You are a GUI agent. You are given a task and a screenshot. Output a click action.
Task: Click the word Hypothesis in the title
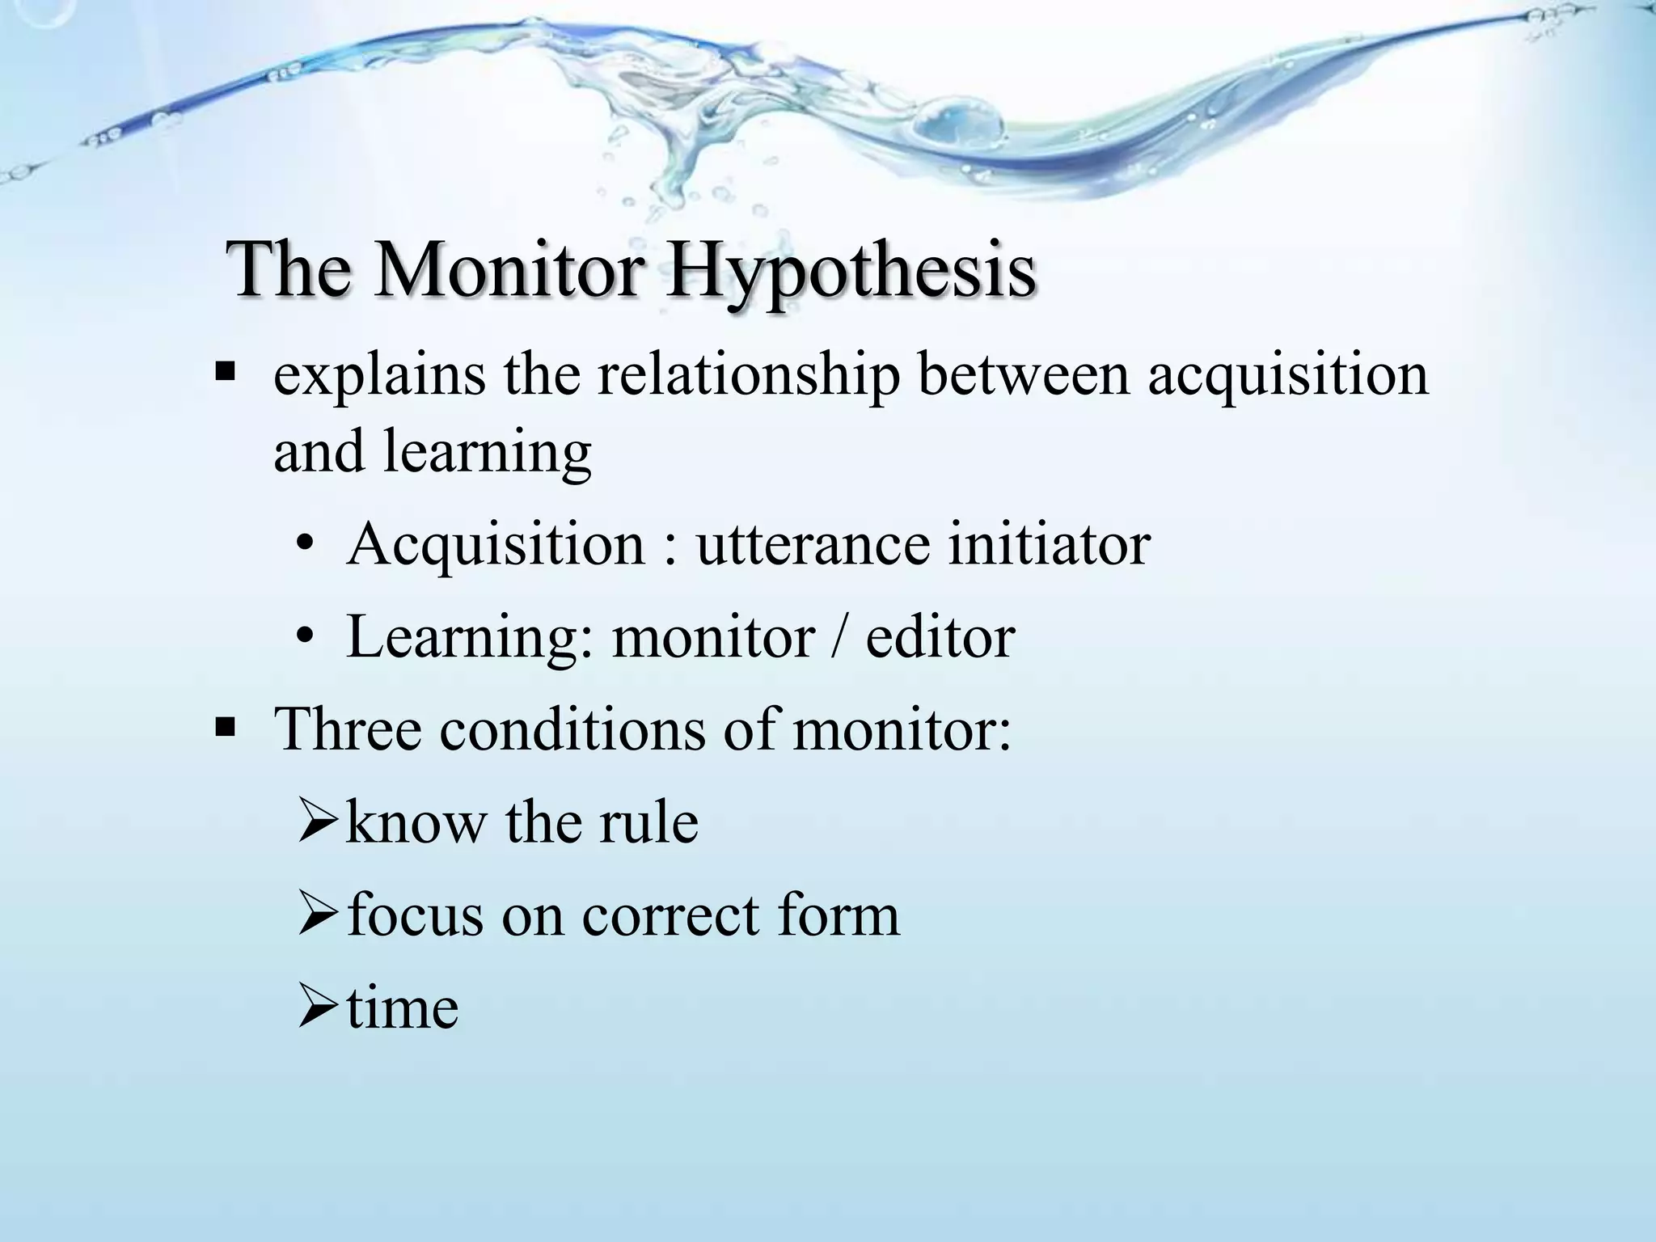click(x=851, y=272)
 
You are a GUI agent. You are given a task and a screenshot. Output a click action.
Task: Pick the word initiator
click(x=1049, y=545)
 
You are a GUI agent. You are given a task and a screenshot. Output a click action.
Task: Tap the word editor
click(x=940, y=638)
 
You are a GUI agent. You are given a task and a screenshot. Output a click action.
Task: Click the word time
click(x=403, y=1008)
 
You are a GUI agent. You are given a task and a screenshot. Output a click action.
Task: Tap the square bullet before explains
click(x=225, y=374)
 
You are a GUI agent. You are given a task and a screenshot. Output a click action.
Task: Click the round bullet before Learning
click(x=305, y=638)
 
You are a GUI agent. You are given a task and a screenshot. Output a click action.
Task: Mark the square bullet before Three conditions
click(x=225, y=728)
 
